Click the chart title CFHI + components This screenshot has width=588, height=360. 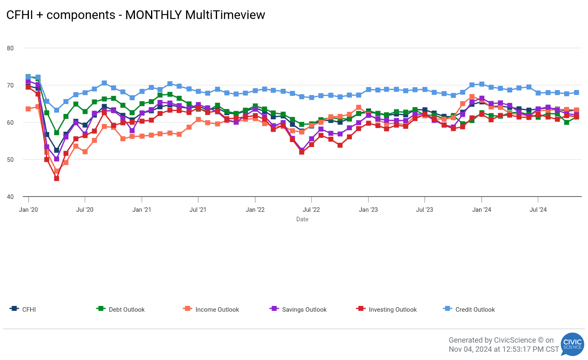coord(135,15)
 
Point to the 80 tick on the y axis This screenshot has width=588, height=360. coord(10,48)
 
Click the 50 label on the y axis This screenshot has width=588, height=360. coord(10,160)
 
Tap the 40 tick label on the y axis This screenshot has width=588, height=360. coord(10,197)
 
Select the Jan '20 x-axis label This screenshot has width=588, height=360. coord(28,210)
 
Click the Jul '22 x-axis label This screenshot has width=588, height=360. coord(312,210)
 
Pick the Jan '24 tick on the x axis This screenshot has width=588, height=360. coord(482,210)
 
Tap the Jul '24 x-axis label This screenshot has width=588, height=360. coord(538,210)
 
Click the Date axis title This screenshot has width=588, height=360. coord(302,219)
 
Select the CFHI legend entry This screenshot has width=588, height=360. coord(29,310)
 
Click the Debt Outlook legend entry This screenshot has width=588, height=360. coord(127,310)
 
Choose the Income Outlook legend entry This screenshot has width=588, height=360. coord(217,310)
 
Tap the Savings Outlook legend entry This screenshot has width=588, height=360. coord(304,310)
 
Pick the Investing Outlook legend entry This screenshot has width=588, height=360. coord(392,310)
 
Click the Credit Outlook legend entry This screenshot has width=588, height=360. coord(475,310)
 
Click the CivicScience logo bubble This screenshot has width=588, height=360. coord(572,344)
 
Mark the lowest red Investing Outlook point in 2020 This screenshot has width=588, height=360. coord(57,179)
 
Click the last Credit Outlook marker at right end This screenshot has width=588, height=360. coord(576,92)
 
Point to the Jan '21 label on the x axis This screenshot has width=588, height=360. coord(142,210)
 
